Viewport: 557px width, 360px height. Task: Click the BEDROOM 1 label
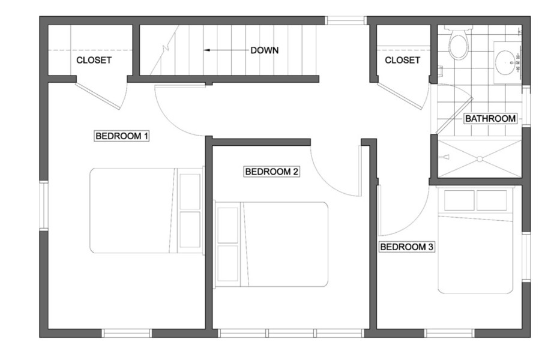(x=121, y=136)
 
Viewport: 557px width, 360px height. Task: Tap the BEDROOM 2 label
(x=272, y=172)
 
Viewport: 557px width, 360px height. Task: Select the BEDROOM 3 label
(x=407, y=247)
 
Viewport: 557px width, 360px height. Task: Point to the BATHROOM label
(x=490, y=119)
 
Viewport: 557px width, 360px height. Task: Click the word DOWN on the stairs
(x=265, y=50)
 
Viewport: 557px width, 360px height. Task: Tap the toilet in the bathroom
(x=457, y=43)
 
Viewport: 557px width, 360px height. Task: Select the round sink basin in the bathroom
(x=505, y=62)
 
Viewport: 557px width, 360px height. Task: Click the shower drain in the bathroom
(x=480, y=158)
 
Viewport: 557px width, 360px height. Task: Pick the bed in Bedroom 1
(x=146, y=211)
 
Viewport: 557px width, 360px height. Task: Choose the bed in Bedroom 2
(x=271, y=245)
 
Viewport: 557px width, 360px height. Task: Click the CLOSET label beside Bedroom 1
(x=94, y=61)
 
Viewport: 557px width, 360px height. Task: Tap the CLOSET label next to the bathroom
(x=403, y=61)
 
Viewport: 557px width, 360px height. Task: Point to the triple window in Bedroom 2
(x=291, y=333)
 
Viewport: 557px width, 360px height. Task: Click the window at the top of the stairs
(x=346, y=20)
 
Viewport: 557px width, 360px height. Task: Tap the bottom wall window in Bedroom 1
(x=127, y=333)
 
